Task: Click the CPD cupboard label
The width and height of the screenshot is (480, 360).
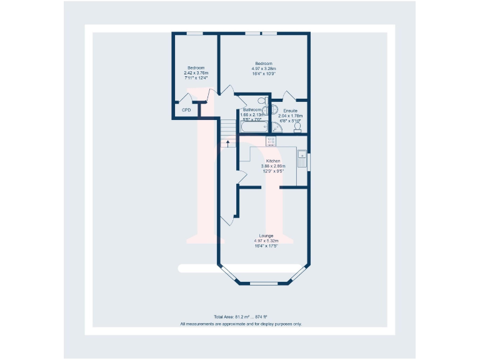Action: click(186, 110)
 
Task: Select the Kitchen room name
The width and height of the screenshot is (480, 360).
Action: click(273, 161)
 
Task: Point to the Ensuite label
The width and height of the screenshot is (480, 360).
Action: click(291, 111)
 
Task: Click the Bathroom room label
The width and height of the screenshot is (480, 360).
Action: click(252, 110)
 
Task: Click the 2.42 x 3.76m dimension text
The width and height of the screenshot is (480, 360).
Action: click(196, 73)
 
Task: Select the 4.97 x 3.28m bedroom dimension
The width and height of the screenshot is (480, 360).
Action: click(264, 69)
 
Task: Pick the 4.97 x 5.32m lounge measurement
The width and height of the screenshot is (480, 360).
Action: click(266, 241)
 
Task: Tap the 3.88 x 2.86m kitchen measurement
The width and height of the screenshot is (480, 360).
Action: click(273, 166)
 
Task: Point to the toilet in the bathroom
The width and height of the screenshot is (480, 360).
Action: click(262, 100)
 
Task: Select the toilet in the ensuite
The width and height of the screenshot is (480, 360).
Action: click(297, 127)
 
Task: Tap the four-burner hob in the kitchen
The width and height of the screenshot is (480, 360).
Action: click(272, 141)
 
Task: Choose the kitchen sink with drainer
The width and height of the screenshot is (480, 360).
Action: click(302, 159)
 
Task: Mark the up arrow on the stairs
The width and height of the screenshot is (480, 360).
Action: click(229, 144)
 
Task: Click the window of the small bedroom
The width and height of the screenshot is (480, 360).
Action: click(194, 33)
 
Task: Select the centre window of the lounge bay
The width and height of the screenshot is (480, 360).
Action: click(263, 284)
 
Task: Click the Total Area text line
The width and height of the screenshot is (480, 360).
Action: click(240, 317)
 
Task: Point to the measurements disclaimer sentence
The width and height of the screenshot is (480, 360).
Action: click(241, 324)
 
